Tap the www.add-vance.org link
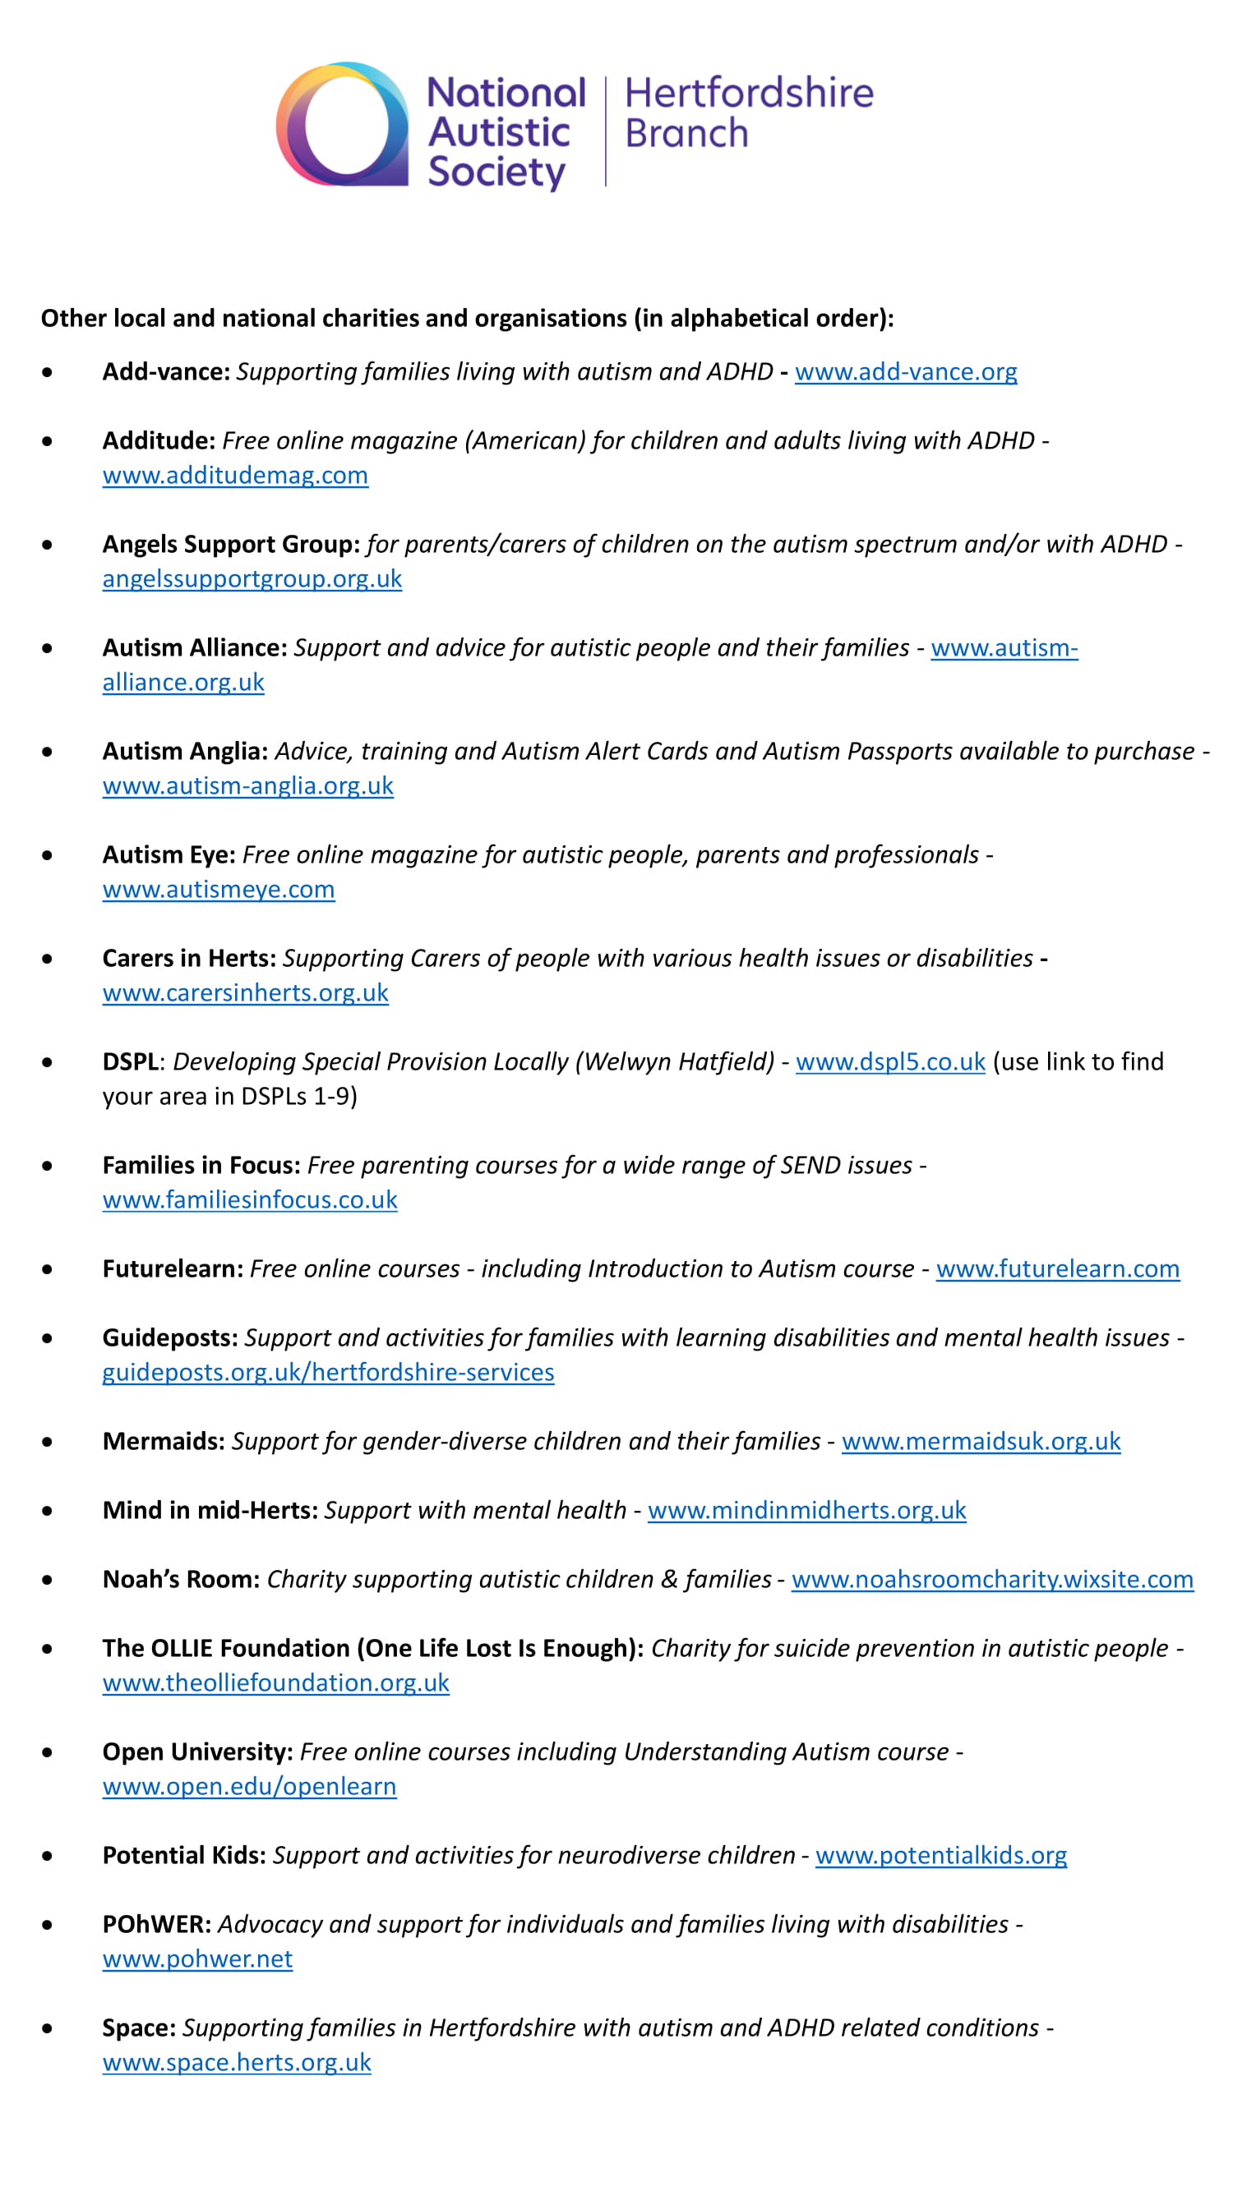coord(904,371)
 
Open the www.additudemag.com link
coord(235,476)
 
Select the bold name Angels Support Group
coord(231,545)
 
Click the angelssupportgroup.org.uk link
coord(252,579)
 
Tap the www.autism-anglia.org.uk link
coord(247,786)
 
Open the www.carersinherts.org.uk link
coord(245,992)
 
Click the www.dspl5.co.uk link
coord(889,1062)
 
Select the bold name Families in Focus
coord(201,1165)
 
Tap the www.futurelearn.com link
coord(1057,1269)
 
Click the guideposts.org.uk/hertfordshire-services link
coord(328,1373)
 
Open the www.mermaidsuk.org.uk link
coord(981,1442)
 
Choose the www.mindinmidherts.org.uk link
coord(806,1511)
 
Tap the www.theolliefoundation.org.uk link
coord(275,1683)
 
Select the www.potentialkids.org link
coord(940,1856)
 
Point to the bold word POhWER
coord(156,1925)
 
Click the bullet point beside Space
coord(47,2028)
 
